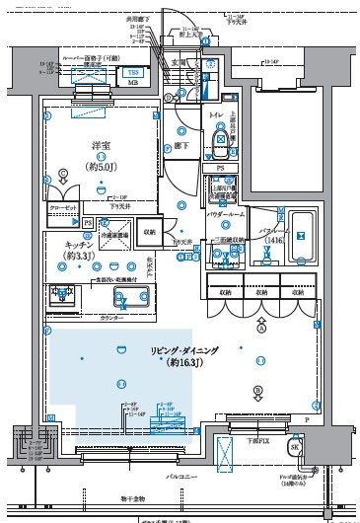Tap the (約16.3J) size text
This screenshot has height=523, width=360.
[183, 363]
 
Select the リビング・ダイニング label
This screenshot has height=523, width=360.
[184, 350]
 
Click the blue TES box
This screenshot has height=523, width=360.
[131, 71]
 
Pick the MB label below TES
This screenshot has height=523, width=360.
[131, 83]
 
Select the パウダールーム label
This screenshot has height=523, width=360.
[226, 214]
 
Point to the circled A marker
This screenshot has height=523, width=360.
[260, 332]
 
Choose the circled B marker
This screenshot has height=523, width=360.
[257, 390]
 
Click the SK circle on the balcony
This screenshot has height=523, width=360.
[294, 447]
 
